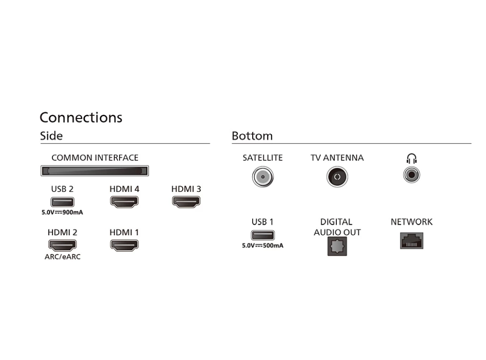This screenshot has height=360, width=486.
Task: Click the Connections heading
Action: tap(81, 118)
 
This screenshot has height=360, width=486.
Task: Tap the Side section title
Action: tap(51, 136)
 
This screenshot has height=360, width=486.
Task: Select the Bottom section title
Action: tap(252, 136)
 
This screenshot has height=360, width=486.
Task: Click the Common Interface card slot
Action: tap(94, 171)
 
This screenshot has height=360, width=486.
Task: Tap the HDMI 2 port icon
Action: tap(62, 245)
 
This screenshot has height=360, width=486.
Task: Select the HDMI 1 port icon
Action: tap(124, 245)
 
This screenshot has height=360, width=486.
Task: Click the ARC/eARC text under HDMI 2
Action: tap(62, 257)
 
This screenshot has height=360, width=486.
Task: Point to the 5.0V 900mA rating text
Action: tap(62, 212)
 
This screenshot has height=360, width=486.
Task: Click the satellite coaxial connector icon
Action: tap(262, 176)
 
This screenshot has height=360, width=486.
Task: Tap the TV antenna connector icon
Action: tap(337, 176)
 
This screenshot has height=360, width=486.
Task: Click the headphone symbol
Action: tap(412, 158)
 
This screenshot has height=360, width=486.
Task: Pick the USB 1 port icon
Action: tap(262, 235)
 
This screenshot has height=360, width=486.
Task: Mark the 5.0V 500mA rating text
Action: tap(262, 246)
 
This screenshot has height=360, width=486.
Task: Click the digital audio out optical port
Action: tap(337, 247)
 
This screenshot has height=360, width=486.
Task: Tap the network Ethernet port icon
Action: tap(412, 240)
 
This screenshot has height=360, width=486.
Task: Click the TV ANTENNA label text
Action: tap(337, 158)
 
